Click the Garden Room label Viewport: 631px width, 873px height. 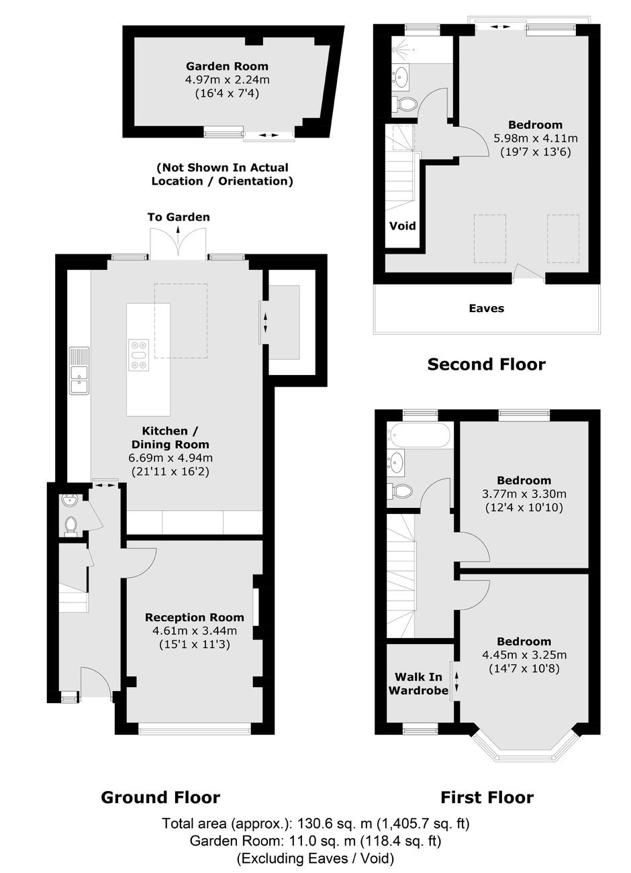[227, 66]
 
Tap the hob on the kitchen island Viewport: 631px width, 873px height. [139, 355]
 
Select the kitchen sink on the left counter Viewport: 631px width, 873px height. [80, 370]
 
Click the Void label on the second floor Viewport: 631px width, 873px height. [403, 225]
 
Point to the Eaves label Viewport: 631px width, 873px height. [486, 308]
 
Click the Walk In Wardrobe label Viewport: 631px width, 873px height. [418, 684]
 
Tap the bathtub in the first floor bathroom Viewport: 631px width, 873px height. [418, 435]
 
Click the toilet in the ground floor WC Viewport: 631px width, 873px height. [70, 525]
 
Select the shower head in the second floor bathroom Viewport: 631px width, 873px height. [397, 50]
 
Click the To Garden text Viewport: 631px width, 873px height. [179, 217]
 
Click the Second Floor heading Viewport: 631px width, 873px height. [486, 364]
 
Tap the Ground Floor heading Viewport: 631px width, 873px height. [160, 797]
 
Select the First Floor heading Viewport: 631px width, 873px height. [487, 797]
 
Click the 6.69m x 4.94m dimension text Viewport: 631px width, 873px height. [171, 458]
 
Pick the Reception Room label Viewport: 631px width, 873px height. [195, 617]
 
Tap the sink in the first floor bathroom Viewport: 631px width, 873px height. [396, 462]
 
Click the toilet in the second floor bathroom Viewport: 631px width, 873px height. [404, 104]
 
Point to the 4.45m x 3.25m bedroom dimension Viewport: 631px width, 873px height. [524, 654]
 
